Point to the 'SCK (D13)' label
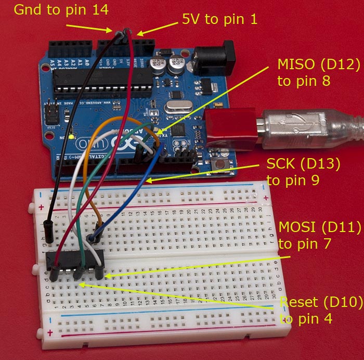[303, 165]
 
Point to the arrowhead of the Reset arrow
[81, 284]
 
